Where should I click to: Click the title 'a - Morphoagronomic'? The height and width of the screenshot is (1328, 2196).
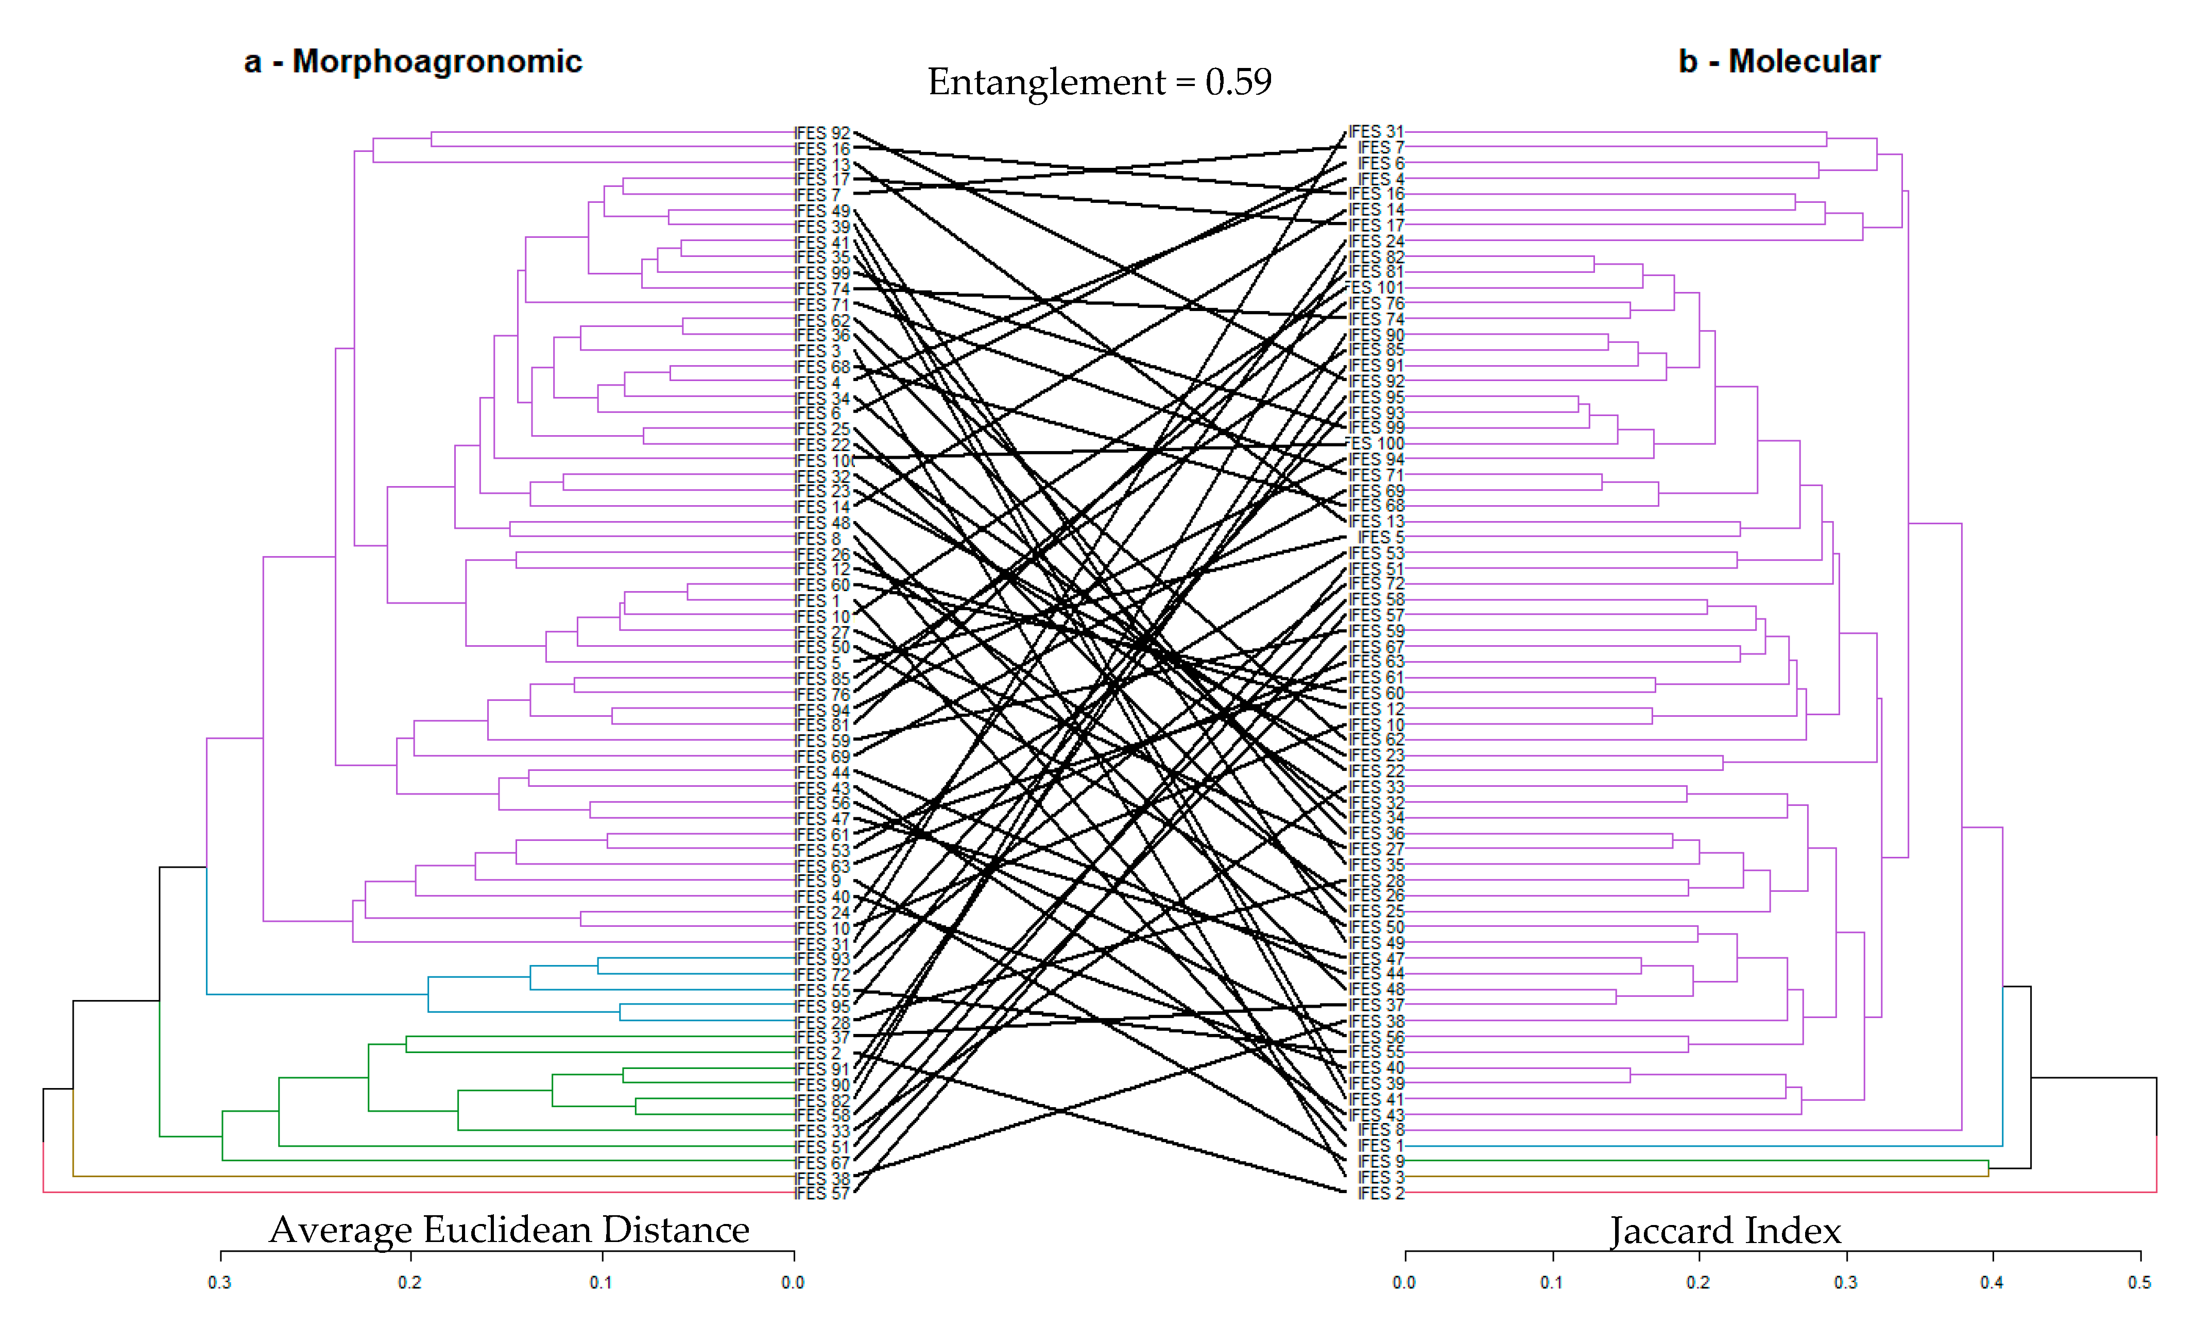pyautogui.click(x=413, y=61)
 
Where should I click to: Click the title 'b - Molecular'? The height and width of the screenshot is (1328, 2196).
pyautogui.click(x=1779, y=61)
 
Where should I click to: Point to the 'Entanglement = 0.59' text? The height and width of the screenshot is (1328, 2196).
pyautogui.click(x=1099, y=82)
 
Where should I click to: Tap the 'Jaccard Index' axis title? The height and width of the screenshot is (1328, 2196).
pyautogui.click(x=1725, y=1231)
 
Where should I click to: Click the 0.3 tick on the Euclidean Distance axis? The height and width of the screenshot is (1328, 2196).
pyautogui.click(x=220, y=1282)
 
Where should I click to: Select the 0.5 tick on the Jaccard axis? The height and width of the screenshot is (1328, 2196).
pyautogui.click(x=2139, y=1282)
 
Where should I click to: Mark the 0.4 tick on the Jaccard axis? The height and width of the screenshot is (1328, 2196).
pyautogui.click(x=1992, y=1282)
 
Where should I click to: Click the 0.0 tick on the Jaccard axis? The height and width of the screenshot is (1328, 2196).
pyautogui.click(x=1404, y=1282)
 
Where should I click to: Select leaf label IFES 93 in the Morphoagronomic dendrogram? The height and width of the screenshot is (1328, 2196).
pyautogui.click(x=822, y=959)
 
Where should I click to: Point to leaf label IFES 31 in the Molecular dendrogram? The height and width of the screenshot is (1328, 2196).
pyautogui.click(x=1376, y=132)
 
